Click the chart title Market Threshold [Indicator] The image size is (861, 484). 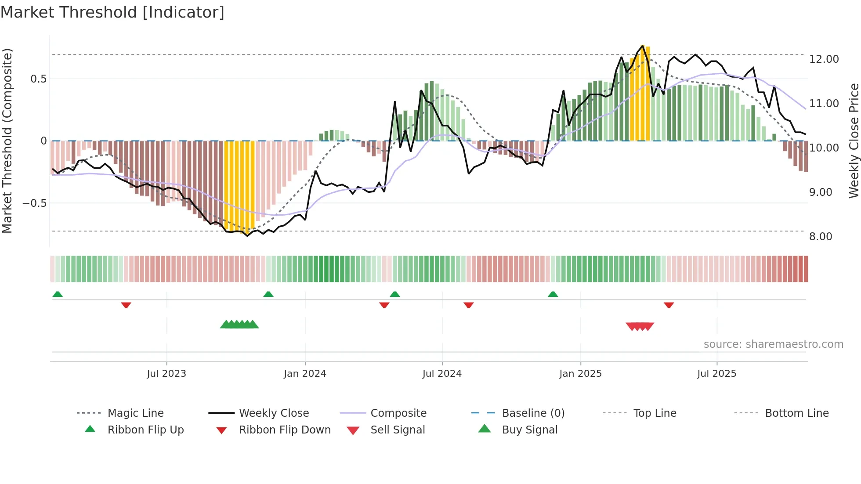click(x=112, y=12)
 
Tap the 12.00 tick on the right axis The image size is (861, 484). click(x=824, y=59)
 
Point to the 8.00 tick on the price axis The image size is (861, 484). click(x=821, y=237)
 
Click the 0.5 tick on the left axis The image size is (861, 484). click(x=38, y=79)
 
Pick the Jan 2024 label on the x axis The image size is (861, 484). click(x=305, y=374)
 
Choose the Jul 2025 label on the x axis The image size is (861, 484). click(x=716, y=374)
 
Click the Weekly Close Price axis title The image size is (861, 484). click(x=854, y=141)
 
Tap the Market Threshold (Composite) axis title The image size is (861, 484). click(x=7, y=141)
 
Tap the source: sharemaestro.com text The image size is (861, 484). click(x=773, y=344)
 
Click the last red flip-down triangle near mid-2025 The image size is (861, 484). click(x=669, y=305)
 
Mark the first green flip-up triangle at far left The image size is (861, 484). click(x=58, y=294)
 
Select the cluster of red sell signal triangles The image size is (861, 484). click(x=640, y=326)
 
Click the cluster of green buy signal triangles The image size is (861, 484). click(x=239, y=325)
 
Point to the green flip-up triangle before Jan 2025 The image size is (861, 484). click(x=553, y=294)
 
